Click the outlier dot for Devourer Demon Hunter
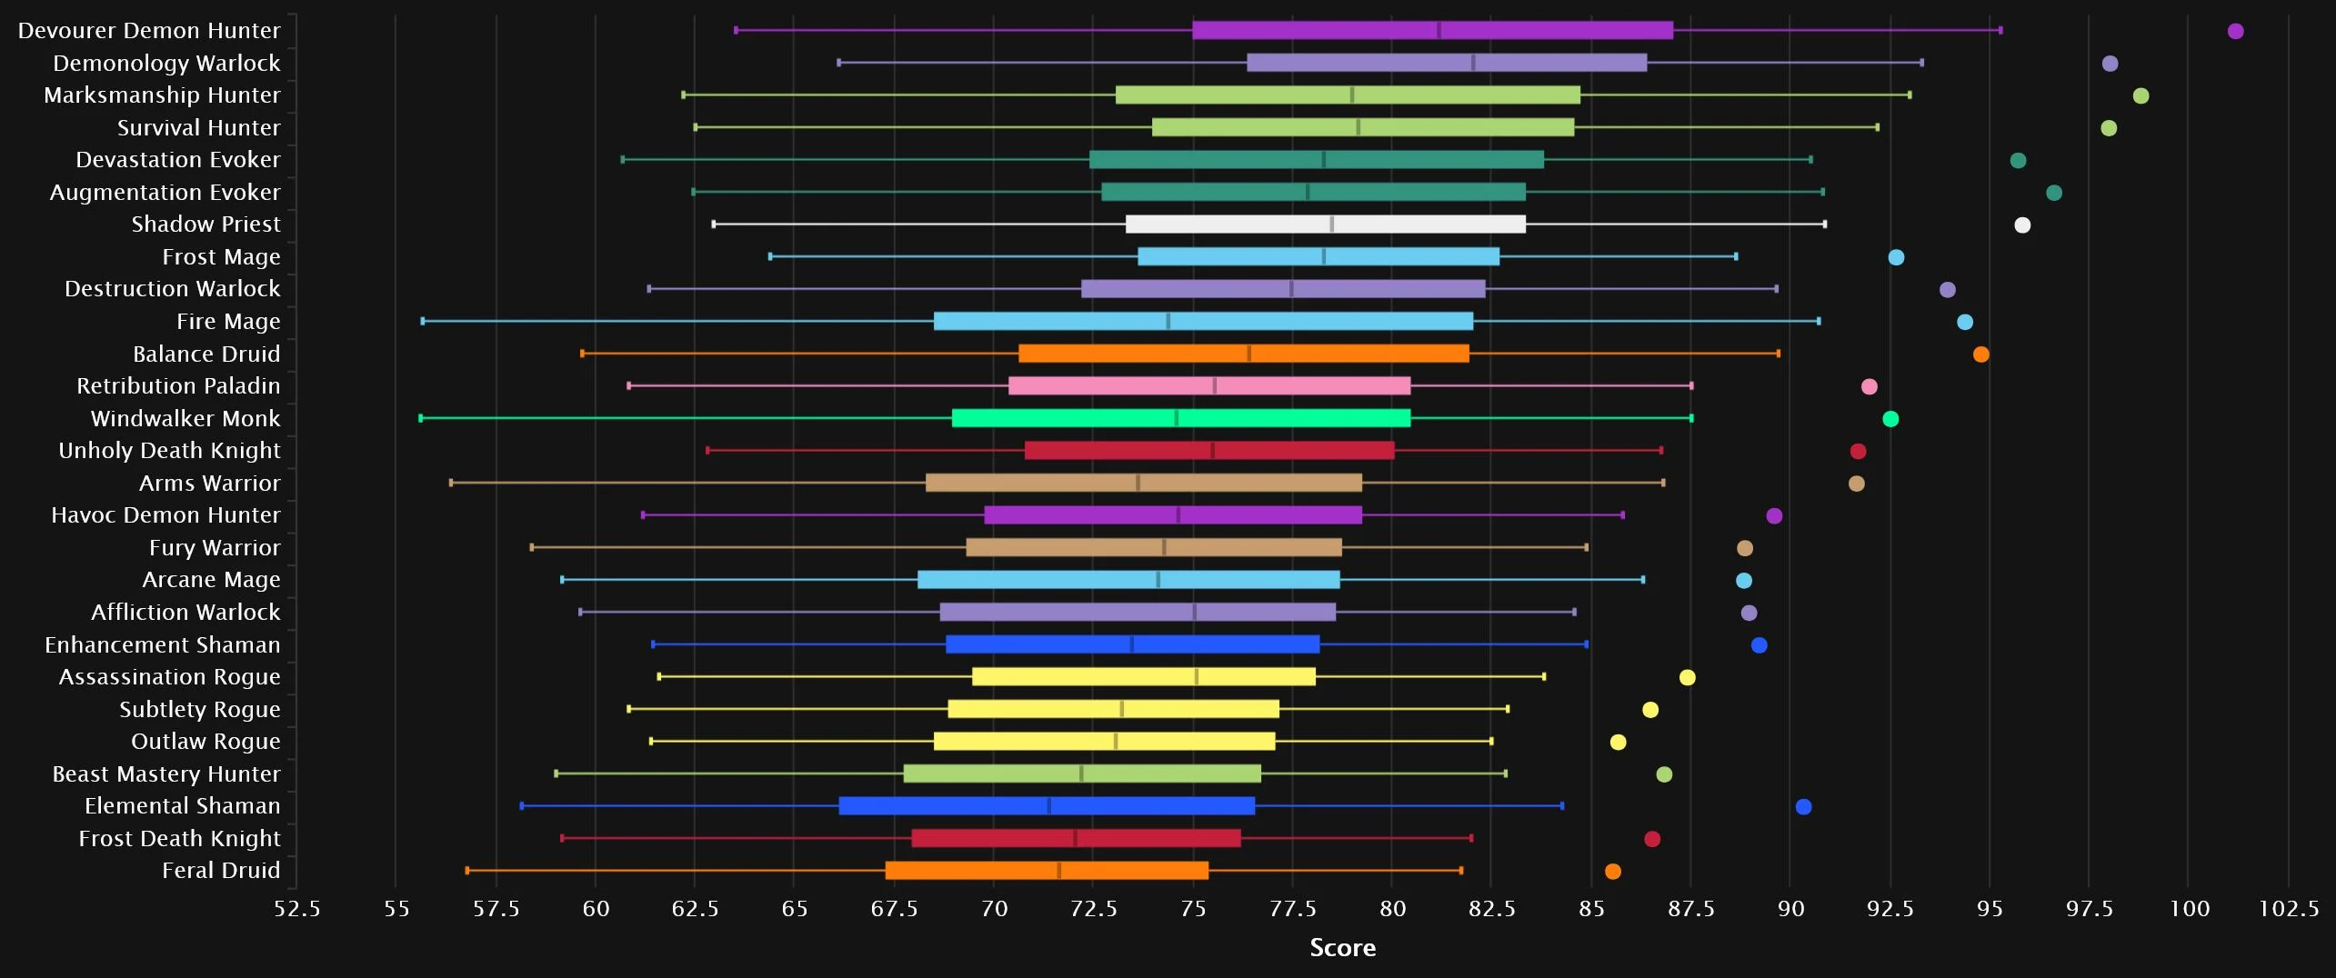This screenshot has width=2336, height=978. [x=2235, y=32]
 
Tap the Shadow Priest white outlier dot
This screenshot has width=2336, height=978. [x=2021, y=225]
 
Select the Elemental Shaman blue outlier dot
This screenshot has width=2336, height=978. [x=1803, y=807]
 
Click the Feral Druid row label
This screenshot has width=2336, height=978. [x=221, y=871]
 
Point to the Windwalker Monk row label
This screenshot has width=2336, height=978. [x=185, y=419]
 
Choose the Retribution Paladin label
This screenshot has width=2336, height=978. [x=178, y=386]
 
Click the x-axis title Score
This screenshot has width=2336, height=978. [x=1342, y=948]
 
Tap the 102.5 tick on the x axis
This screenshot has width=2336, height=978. [x=2288, y=909]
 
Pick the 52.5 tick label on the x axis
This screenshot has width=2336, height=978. [x=297, y=909]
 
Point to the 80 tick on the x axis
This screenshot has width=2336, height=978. [x=1392, y=909]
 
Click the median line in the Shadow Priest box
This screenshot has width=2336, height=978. [x=1331, y=225]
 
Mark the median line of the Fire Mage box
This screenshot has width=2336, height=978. [x=1168, y=322]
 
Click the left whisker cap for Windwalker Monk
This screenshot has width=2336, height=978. [x=421, y=418]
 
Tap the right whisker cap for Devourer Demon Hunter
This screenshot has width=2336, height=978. [x=2000, y=31]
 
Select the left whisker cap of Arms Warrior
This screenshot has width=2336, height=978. [x=451, y=483]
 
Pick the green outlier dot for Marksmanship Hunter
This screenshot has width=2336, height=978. [x=2140, y=96]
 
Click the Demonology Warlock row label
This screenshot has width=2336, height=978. [x=166, y=64]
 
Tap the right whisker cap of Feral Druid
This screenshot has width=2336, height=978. [x=1461, y=871]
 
